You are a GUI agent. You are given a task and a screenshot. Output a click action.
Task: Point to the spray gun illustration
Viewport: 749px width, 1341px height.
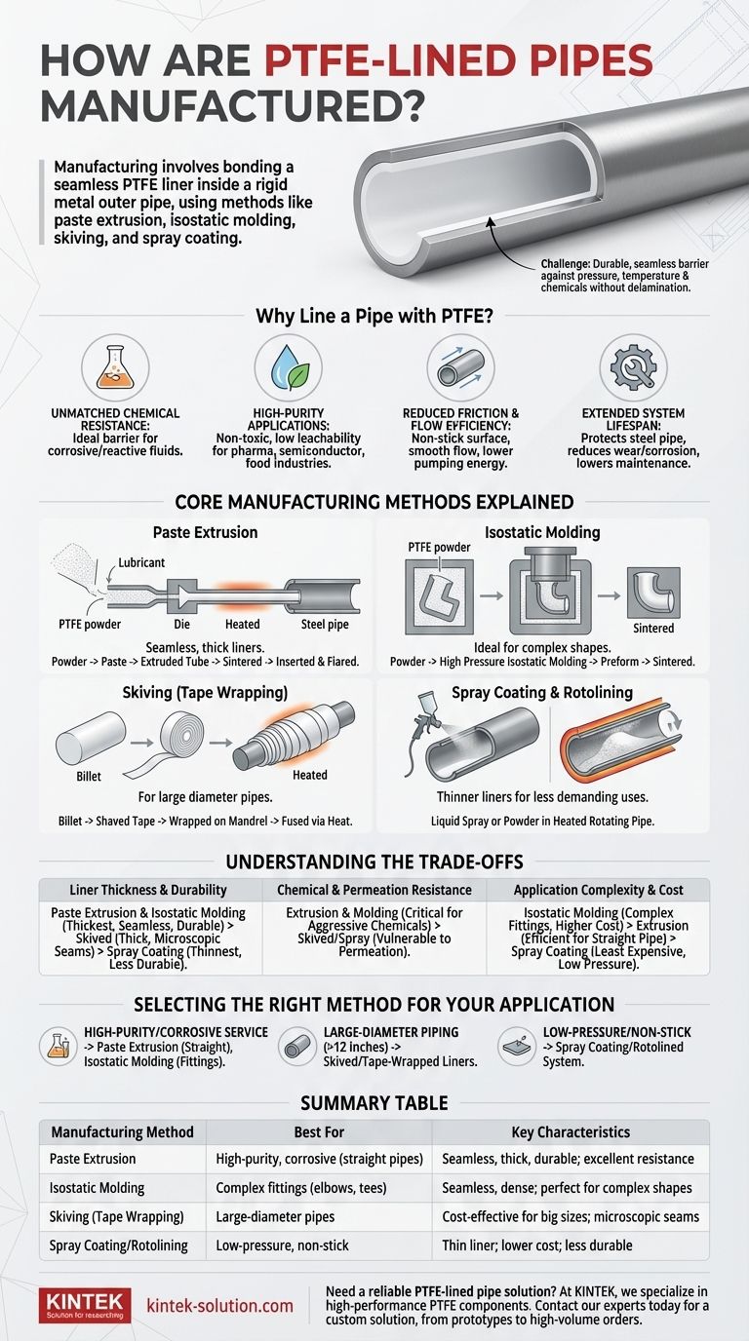[x=420, y=742]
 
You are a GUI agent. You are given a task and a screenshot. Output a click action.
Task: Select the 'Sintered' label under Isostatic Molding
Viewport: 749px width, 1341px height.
[x=653, y=629]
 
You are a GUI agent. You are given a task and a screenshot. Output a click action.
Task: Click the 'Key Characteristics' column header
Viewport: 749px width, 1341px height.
[x=570, y=1131]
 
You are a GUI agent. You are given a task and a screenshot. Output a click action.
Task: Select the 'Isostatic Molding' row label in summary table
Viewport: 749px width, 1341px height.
[x=97, y=1188]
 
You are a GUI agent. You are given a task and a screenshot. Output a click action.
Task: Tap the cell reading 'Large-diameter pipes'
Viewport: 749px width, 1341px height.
[x=274, y=1216]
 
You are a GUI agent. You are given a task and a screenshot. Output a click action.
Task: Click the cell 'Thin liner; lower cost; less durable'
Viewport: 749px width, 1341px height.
[x=537, y=1245]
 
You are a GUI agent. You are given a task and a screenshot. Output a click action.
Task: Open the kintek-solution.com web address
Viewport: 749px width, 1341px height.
[x=219, y=1305]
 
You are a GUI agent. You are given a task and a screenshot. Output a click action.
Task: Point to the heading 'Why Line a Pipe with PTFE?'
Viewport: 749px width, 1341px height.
[x=374, y=317]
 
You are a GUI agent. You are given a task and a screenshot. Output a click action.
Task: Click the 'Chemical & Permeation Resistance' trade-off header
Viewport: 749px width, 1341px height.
[x=374, y=889]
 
